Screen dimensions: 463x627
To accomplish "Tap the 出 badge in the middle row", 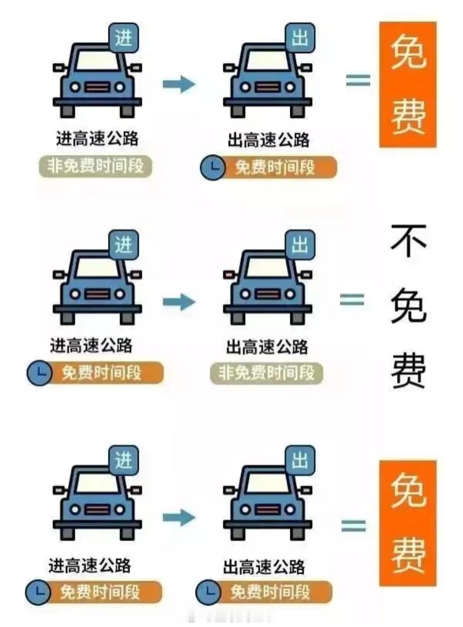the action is click(300, 245).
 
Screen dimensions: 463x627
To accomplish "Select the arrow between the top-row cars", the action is click(179, 83).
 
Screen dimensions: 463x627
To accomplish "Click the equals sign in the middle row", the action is click(352, 300).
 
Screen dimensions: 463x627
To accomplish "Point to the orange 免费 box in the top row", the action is click(407, 85).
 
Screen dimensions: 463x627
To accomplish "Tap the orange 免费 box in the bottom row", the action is click(407, 523).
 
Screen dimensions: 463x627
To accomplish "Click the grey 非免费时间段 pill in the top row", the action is click(96, 166).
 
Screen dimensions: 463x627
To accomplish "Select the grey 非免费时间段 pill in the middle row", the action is click(266, 373).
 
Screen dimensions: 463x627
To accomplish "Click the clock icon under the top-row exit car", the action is click(213, 167).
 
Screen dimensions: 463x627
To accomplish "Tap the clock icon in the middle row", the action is click(39, 373).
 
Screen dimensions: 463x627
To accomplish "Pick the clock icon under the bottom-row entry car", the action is click(38, 592).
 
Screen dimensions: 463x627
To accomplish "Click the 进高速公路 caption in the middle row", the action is click(91, 345).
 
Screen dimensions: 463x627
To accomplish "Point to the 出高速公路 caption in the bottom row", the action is click(264, 567).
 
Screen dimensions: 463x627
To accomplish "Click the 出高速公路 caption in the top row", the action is click(268, 140).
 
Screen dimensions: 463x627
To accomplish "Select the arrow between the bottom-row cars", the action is click(179, 517).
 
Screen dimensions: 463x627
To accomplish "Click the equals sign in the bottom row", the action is click(354, 526).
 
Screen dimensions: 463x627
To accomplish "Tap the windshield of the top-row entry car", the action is click(97, 61).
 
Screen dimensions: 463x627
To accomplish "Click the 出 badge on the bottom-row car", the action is click(300, 461).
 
